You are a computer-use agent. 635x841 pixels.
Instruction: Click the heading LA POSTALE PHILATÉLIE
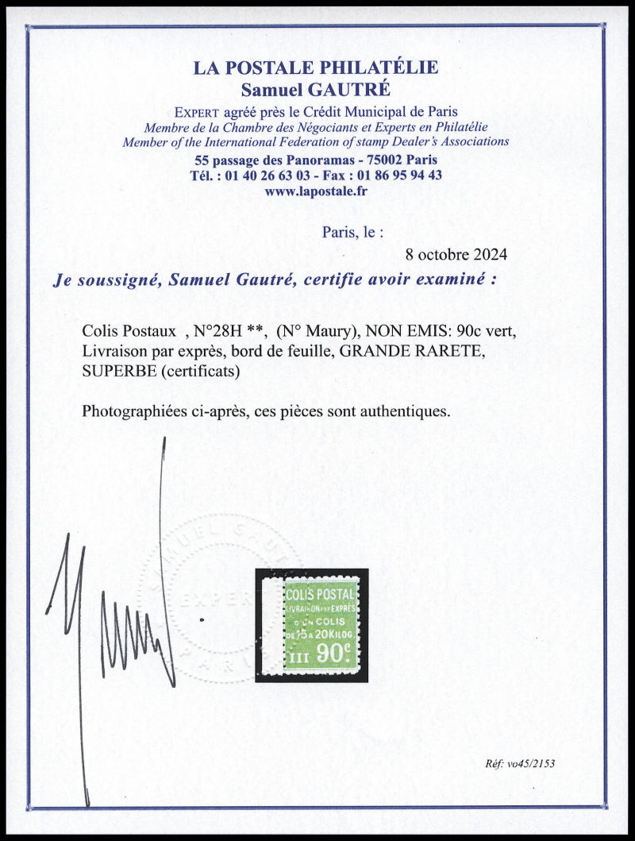pyautogui.click(x=315, y=68)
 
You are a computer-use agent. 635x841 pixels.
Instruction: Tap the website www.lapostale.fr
pyautogui.click(x=315, y=191)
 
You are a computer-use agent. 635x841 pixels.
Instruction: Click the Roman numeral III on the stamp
pyautogui.click(x=299, y=657)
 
